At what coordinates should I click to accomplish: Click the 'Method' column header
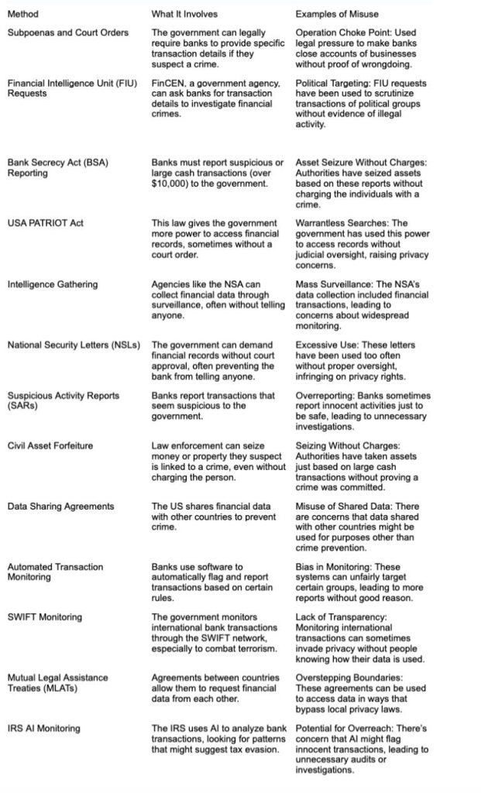tap(22, 14)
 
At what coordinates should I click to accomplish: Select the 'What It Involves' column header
tap(184, 14)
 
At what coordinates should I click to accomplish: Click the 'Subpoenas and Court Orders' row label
tap(68, 33)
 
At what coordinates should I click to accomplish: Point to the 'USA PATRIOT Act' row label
tap(46, 223)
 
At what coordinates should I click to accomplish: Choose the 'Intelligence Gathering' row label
tap(53, 284)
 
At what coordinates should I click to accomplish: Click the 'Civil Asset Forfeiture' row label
tap(52, 445)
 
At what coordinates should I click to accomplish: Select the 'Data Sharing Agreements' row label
tap(60, 506)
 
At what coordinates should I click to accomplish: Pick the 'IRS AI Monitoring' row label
tap(43, 728)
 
